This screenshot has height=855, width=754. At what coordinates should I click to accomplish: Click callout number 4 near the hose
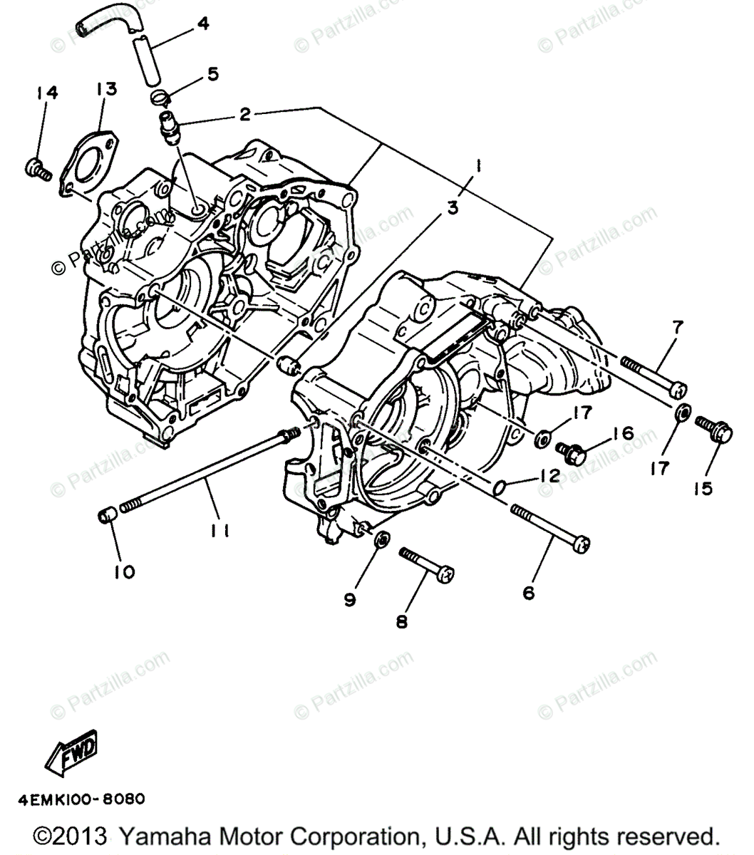click(x=202, y=24)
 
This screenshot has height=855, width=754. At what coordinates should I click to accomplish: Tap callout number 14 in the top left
click(x=48, y=93)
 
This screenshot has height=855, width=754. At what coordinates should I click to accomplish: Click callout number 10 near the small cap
click(x=124, y=571)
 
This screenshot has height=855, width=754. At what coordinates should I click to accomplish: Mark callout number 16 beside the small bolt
click(x=622, y=433)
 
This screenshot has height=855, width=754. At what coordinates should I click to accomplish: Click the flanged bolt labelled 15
click(x=713, y=430)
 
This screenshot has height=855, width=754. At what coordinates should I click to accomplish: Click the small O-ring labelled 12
click(x=500, y=487)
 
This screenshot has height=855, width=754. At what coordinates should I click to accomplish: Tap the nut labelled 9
click(x=382, y=539)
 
